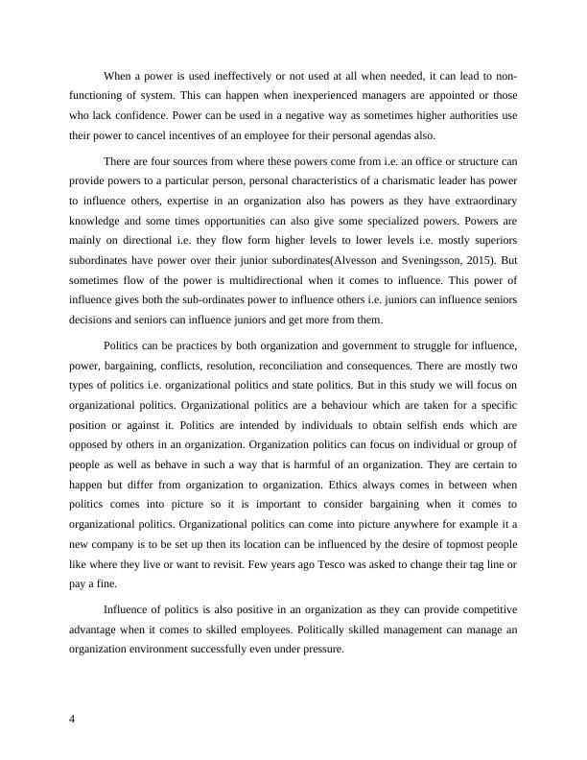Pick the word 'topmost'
(x=459, y=543)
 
